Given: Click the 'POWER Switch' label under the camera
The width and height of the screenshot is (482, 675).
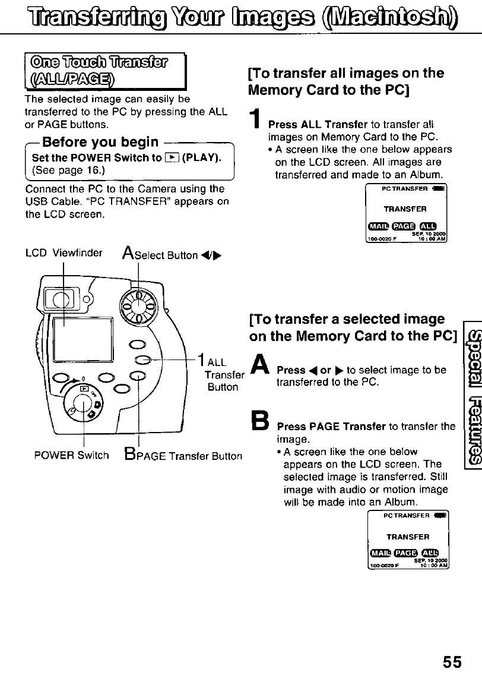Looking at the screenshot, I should (x=72, y=456).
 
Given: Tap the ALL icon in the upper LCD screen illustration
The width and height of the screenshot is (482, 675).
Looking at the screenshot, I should (x=427, y=225).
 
